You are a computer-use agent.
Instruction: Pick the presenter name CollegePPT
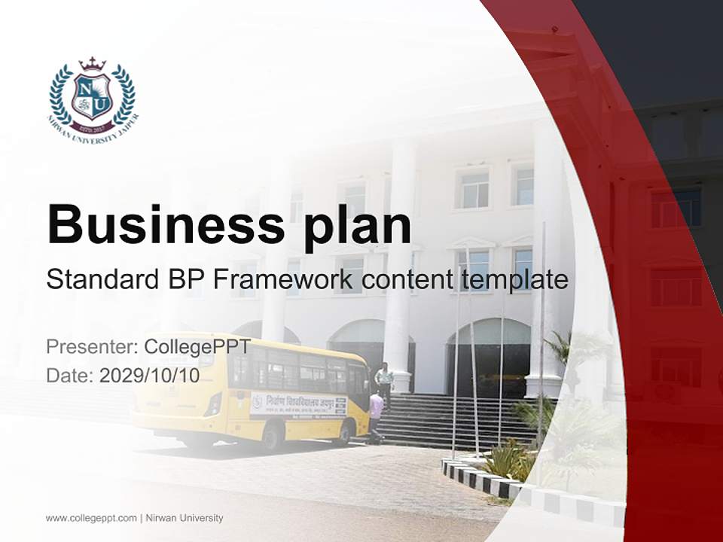(x=197, y=347)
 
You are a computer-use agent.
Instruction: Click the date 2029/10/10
(x=149, y=376)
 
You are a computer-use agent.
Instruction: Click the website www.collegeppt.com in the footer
(x=91, y=518)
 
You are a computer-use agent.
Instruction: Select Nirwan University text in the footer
(x=184, y=518)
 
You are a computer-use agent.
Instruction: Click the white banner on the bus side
(x=298, y=404)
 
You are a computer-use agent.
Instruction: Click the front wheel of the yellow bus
(x=346, y=431)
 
